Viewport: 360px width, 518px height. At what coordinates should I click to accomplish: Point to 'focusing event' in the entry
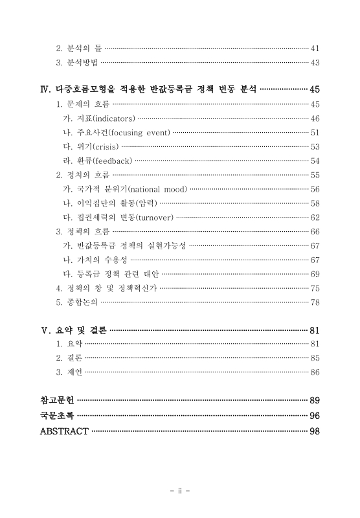[139, 133]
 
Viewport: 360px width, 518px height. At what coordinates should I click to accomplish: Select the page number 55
[315, 175]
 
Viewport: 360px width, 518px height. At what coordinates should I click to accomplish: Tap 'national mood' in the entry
[159, 189]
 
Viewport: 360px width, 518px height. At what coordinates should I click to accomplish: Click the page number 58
[315, 203]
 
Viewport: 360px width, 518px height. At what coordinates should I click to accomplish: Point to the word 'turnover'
[153, 217]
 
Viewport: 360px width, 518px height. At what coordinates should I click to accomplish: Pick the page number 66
[315, 231]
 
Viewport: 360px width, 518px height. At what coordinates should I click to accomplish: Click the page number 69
[315, 274]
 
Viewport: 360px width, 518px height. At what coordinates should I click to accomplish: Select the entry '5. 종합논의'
[78, 302]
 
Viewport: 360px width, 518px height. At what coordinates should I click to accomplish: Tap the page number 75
[315, 288]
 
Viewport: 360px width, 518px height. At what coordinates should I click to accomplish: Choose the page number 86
[315, 372]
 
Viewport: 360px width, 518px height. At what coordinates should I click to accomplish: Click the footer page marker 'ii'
[180, 491]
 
